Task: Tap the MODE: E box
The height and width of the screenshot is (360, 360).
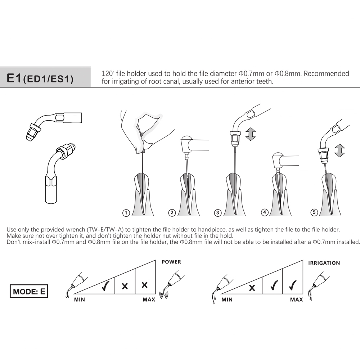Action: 29,292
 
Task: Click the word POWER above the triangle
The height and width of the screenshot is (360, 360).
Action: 171,262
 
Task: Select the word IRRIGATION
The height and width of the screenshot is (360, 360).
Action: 324,263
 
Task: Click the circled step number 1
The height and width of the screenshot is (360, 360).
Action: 126,213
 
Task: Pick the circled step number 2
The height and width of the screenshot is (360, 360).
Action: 172,213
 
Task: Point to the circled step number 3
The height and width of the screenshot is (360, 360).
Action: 217,213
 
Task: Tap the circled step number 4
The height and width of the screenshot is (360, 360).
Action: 265,213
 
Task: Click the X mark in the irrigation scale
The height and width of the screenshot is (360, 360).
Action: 252,288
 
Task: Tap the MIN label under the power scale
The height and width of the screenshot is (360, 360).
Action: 80,300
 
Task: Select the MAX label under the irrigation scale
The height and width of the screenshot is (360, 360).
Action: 297,300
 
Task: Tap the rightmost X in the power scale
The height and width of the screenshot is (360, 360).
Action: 145,285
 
